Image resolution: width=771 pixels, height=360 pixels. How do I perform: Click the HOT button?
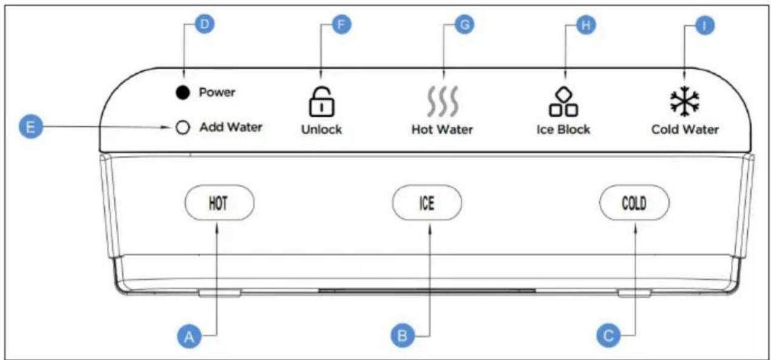coord(220,203)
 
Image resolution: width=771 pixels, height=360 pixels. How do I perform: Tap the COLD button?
coord(634,203)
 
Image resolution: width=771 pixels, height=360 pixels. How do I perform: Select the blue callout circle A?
coord(189,336)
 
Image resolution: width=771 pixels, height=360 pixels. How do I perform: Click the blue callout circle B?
coord(402,336)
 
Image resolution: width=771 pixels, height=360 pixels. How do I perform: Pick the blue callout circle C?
coord(608,336)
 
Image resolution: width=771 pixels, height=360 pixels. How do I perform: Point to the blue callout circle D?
coord(205,24)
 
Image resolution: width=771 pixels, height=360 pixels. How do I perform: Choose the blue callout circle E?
coord(31,127)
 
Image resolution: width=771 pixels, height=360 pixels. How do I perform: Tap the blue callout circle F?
coord(341,25)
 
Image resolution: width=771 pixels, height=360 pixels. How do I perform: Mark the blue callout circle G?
coord(464,25)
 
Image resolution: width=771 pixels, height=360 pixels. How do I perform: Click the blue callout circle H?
coord(586,25)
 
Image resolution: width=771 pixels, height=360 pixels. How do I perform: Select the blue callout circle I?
coord(705,25)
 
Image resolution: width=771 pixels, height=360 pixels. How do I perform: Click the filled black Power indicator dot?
coord(183,93)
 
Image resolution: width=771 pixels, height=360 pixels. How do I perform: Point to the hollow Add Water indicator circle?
coord(183,127)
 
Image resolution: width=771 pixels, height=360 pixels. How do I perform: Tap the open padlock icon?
coord(322,102)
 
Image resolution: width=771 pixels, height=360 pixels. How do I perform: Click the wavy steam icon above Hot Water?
coord(443,101)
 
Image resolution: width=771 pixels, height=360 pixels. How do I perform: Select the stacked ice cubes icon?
coord(563,101)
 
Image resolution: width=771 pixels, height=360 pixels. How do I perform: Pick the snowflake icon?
coord(685,101)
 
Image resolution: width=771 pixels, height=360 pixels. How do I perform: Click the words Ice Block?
coord(563,129)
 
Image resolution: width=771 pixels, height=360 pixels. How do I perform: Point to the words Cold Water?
coord(685,129)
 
